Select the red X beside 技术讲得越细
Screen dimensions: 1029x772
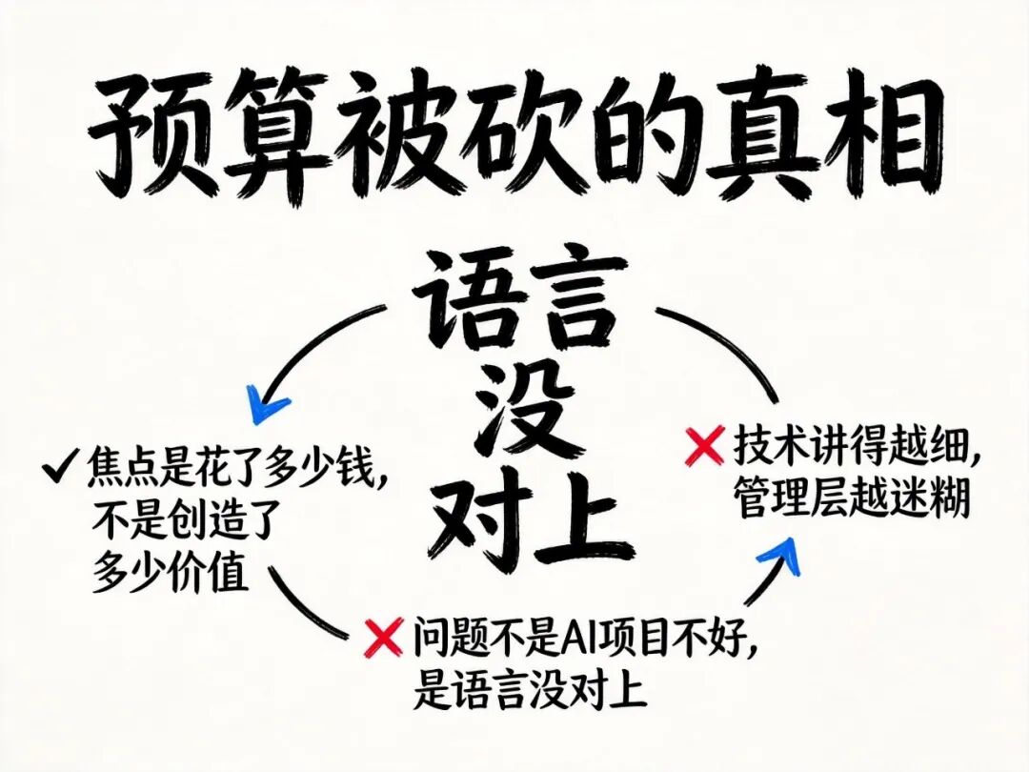tap(705, 446)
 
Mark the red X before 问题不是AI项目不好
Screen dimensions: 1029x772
tap(383, 637)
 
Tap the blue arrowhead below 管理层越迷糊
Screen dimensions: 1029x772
tap(780, 556)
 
